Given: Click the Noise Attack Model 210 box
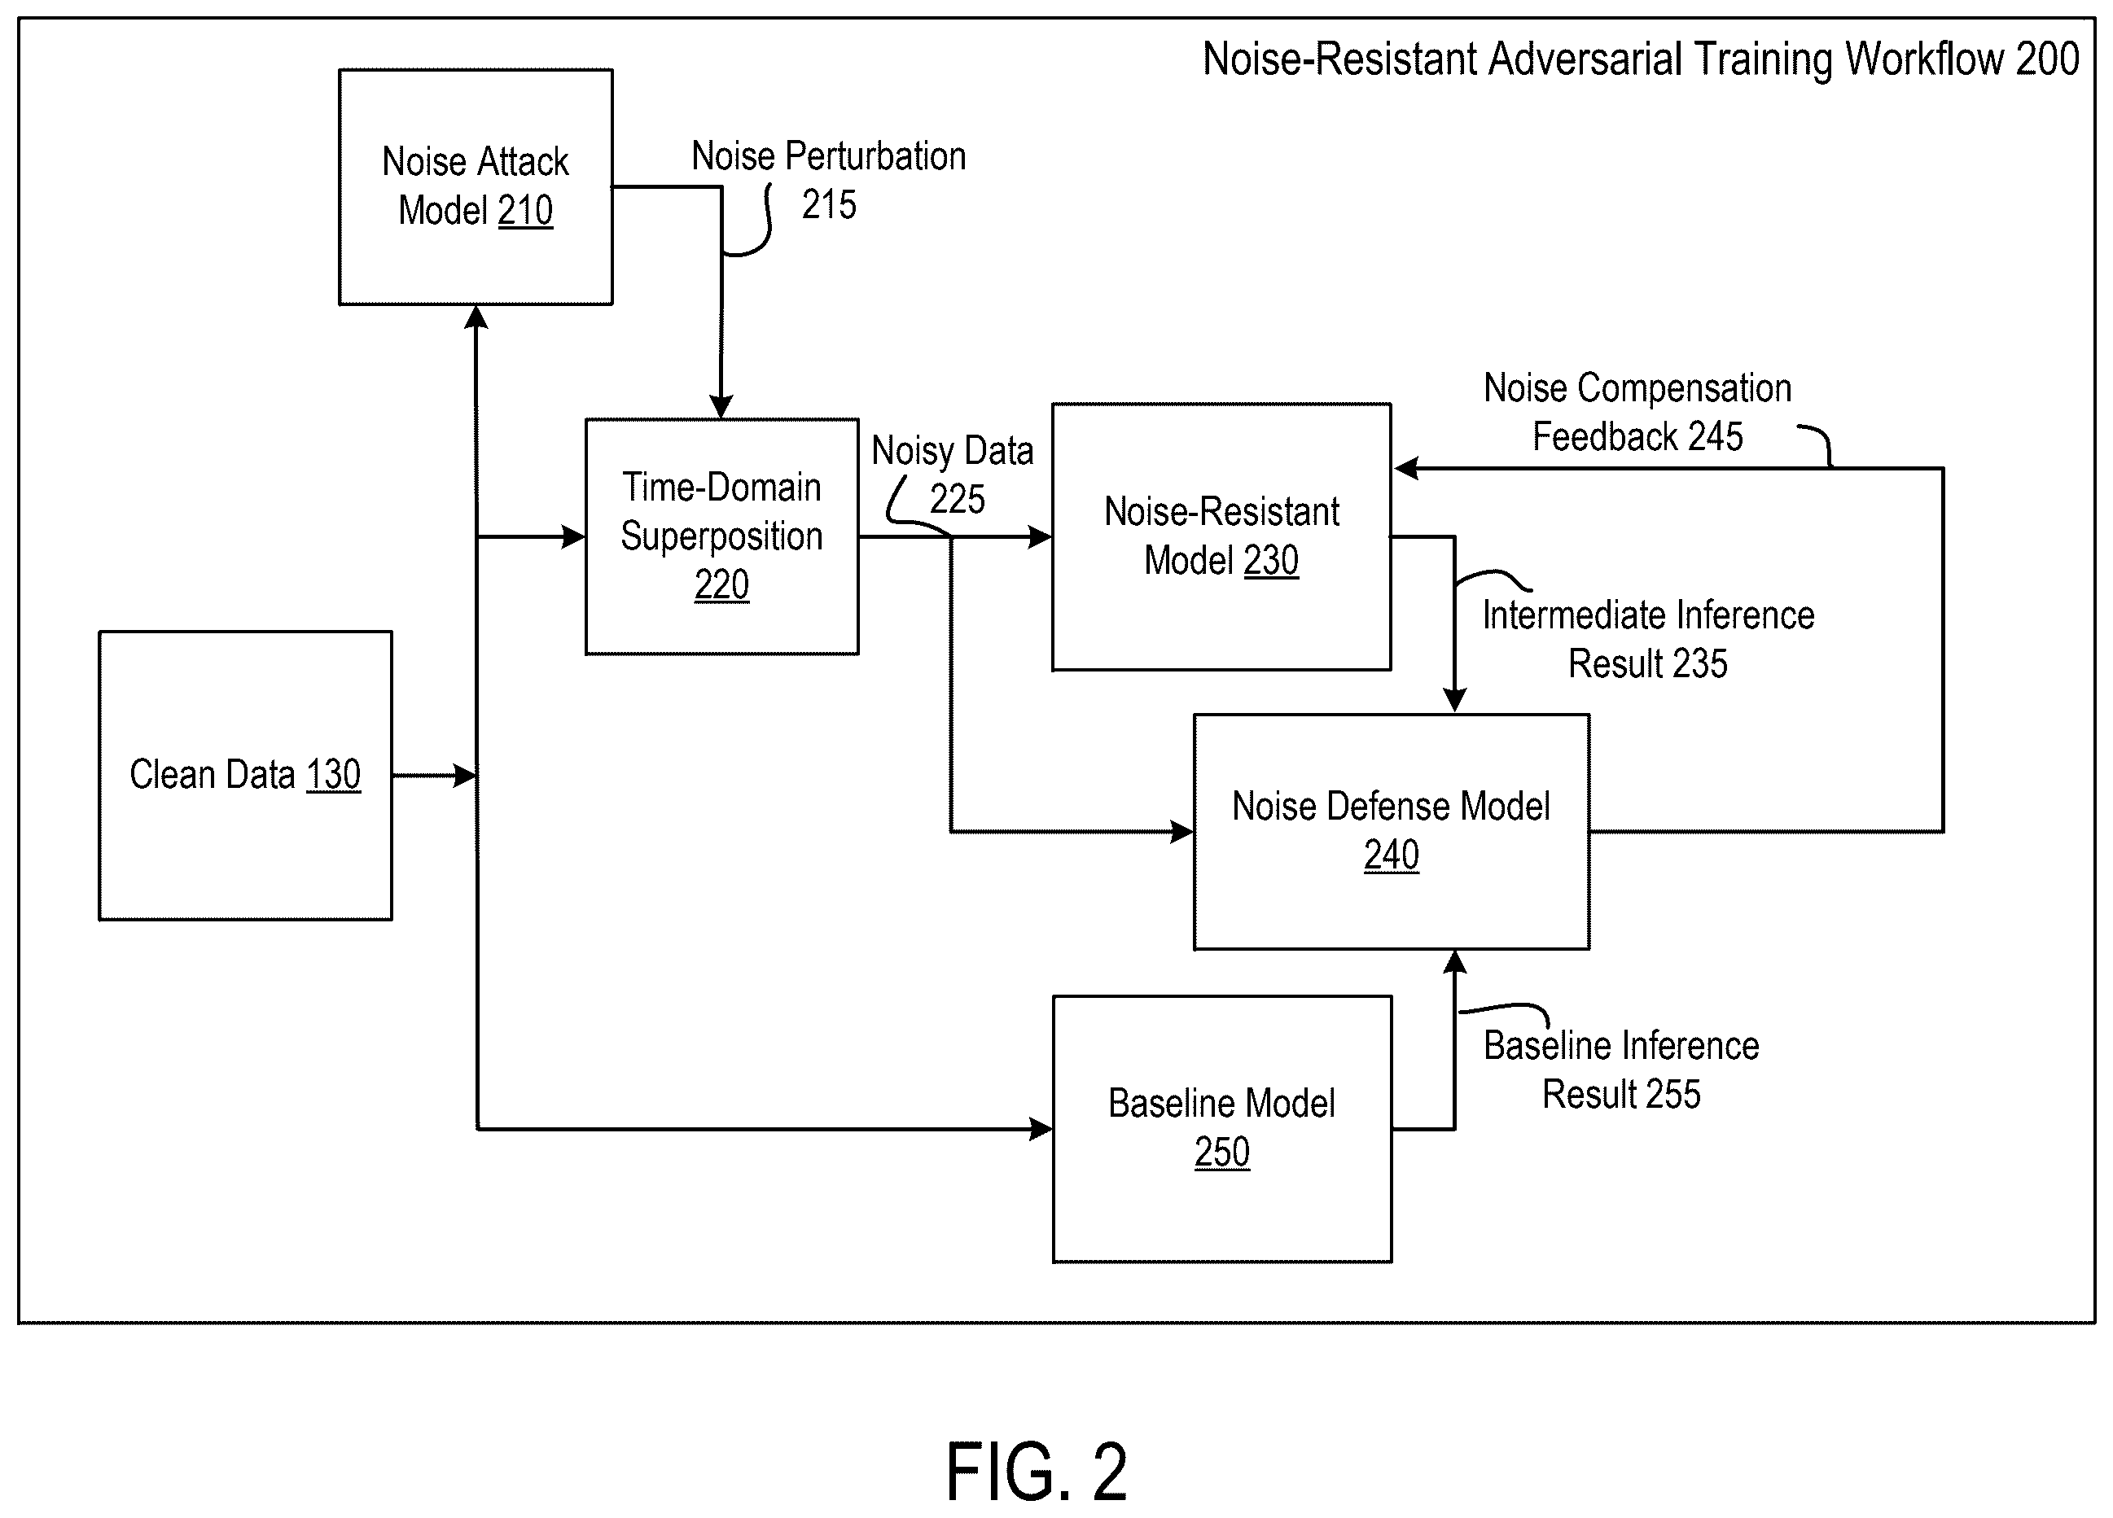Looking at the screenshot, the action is [x=476, y=186].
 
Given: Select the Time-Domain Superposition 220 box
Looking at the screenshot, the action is [x=722, y=536].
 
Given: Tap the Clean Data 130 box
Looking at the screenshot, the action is [x=245, y=776].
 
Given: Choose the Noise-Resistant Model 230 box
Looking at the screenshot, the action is [x=1221, y=536].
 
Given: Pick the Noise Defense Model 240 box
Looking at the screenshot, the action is [x=1391, y=832].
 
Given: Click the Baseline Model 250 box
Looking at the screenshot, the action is [x=1222, y=1129].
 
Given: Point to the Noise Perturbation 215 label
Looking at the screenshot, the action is [x=828, y=180].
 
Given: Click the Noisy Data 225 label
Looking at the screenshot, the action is [x=952, y=474].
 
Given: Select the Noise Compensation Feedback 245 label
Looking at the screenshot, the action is [x=1637, y=412].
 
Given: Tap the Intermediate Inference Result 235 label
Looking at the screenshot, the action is [x=1648, y=639].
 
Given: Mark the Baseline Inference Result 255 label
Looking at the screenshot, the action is [x=1621, y=1070].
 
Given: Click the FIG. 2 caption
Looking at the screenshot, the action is [x=1036, y=1472].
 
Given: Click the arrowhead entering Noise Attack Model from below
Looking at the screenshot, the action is [x=476, y=317].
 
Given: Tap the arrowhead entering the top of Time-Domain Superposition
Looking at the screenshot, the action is [x=721, y=407].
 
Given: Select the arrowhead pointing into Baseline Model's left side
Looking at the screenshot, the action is [x=1041, y=1129].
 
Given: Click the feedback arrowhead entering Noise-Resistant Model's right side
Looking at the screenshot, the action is [x=1406, y=469].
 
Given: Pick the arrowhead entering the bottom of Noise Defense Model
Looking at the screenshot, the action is [x=1454, y=962].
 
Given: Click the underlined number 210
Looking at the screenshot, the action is [x=525, y=211].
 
